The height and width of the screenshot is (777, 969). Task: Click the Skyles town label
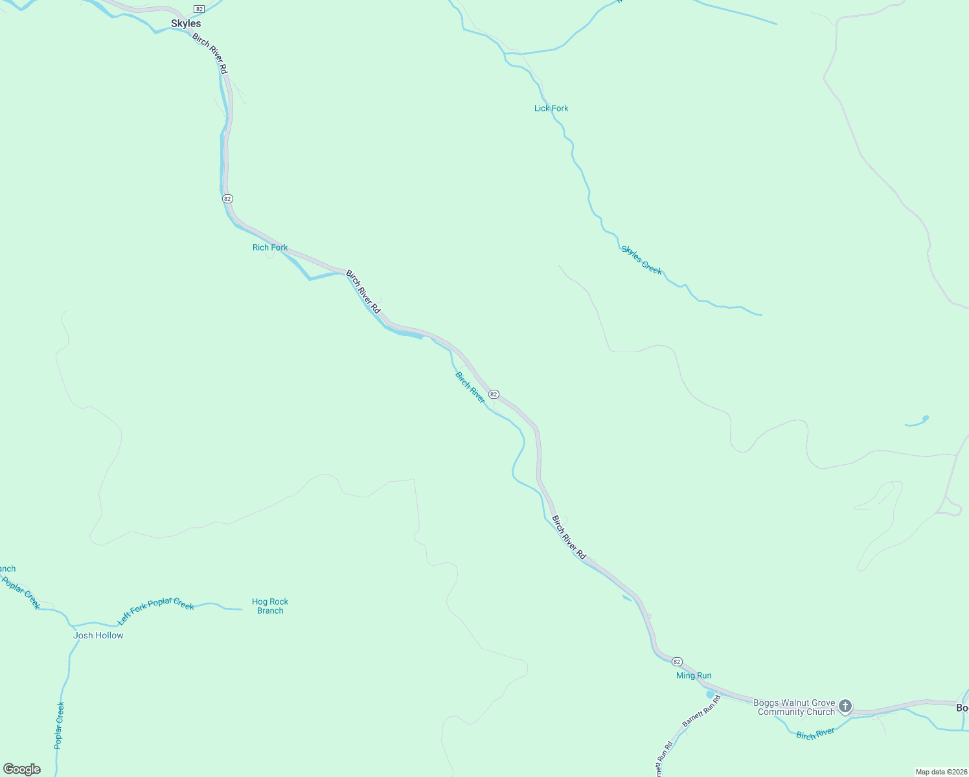[186, 24]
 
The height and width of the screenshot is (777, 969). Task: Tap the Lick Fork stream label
[551, 108]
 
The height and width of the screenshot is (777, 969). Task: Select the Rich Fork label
[270, 247]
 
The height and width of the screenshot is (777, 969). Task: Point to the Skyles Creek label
[642, 260]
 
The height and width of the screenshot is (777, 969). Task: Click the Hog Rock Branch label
[270, 606]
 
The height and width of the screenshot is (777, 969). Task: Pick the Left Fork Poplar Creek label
[155, 610]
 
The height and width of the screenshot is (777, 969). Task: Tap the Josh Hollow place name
[98, 635]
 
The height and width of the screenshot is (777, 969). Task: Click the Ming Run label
[694, 675]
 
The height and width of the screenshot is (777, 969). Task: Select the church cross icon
[845, 706]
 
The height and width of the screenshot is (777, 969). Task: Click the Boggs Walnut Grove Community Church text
[796, 707]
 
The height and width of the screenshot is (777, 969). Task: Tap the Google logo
[22, 769]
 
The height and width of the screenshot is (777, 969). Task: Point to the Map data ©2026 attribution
[940, 772]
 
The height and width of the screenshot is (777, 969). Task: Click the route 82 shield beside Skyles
[199, 8]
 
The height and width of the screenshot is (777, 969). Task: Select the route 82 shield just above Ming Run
[677, 661]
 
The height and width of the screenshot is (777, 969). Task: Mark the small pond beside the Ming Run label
[711, 694]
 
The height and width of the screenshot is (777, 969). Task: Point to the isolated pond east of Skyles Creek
[918, 422]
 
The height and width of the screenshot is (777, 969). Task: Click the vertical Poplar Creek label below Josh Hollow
[60, 725]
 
